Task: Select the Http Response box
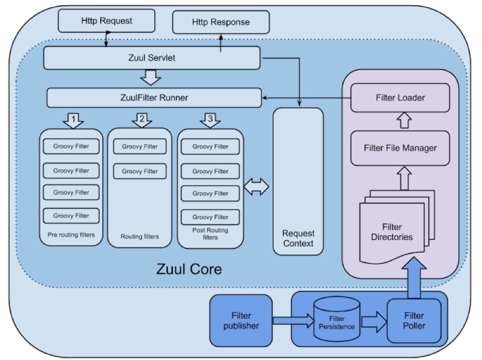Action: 221,23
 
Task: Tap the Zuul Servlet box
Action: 152,57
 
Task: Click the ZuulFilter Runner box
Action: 154,97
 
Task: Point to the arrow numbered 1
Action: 73,120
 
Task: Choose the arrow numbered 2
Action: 142,120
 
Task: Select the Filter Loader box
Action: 400,97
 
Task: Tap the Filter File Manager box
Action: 400,148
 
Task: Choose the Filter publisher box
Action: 240,320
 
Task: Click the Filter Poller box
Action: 415,320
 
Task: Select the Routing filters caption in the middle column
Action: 140,237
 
